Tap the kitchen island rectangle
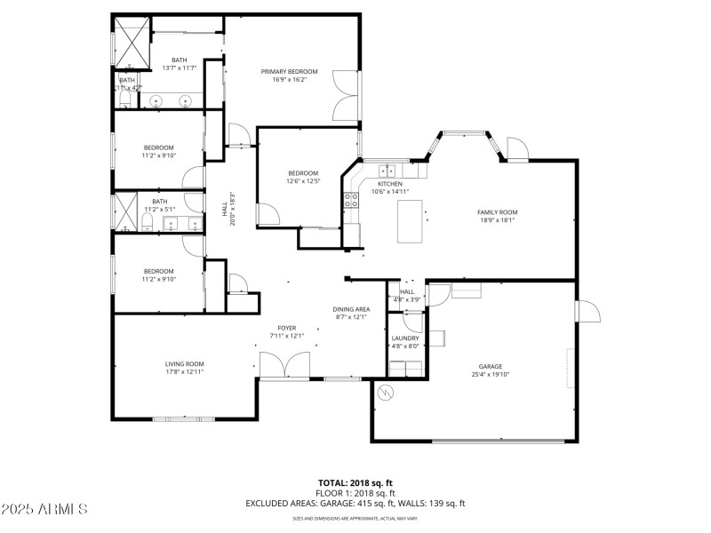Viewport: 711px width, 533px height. pyautogui.click(x=410, y=221)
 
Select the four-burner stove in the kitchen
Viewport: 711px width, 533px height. pyautogui.click(x=351, y=200)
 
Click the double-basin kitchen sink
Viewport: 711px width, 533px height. pyautogui.click(x=388, y=171)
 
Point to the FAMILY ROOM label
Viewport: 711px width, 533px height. pyautogui.click(x=497, y=212)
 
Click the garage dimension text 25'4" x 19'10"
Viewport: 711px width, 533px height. pyautogui.click(x=491, y=375)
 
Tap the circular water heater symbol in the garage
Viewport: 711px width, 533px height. pyautogui.click(x=385, y=393)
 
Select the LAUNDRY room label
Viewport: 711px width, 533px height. pyautogui.click(x=405, y=338)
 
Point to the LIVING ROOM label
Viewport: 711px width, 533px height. pyautogui.click(x=184, y=363)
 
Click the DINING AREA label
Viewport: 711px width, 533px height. pyautogui.click(x=351, y=309)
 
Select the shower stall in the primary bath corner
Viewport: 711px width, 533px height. pyautogui.click(x=131, y=42)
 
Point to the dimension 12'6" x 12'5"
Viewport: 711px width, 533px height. pyautogui.click(x=302, y=181)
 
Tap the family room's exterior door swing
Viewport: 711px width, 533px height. pyautogui.click(x=516, y=148)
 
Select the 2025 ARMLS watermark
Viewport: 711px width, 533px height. pyautogui.click(x=44, y=510)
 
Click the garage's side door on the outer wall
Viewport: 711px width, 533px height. pyautogui.click(x=586, y=312)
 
